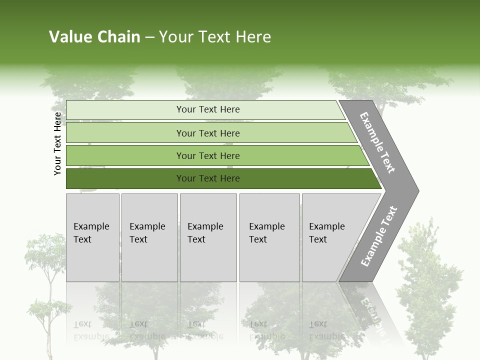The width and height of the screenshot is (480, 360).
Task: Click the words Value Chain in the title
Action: click(x=94, y=37)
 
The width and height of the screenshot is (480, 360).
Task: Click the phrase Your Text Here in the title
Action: click(x=215, y=37)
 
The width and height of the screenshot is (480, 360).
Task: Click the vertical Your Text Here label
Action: click(x=57, y=143)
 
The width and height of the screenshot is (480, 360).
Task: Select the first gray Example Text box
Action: click(x=92, y=237)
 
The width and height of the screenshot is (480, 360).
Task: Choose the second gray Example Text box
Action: click(x=149, y=237)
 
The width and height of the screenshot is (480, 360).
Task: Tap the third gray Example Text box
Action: click(x=207, y=237)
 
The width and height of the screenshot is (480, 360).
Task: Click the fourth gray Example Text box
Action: click(x=269, y=237)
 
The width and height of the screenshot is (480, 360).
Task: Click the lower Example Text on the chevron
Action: click(x=379, y=236)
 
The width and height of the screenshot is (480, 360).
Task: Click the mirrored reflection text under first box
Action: click(x=91, y=330)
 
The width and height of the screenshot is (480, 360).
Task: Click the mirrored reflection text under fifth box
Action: click(x=326, y=330)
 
